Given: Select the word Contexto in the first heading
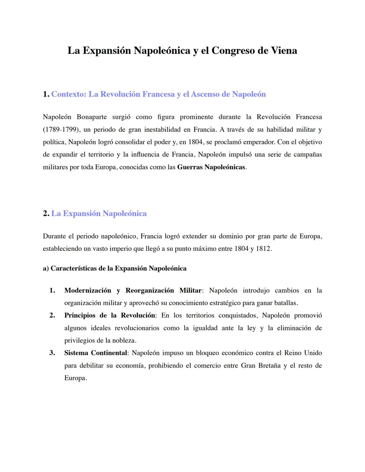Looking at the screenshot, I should [x=68, y=94].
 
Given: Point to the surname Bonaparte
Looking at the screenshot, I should [x=92, y=117].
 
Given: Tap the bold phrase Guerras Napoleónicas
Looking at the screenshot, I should [x=211, y=167].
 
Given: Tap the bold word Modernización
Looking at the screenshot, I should [x=88, y=290].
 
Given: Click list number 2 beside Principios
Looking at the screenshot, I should [x=52, y=315].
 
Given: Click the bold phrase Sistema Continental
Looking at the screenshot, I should [x=96, y=353].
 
